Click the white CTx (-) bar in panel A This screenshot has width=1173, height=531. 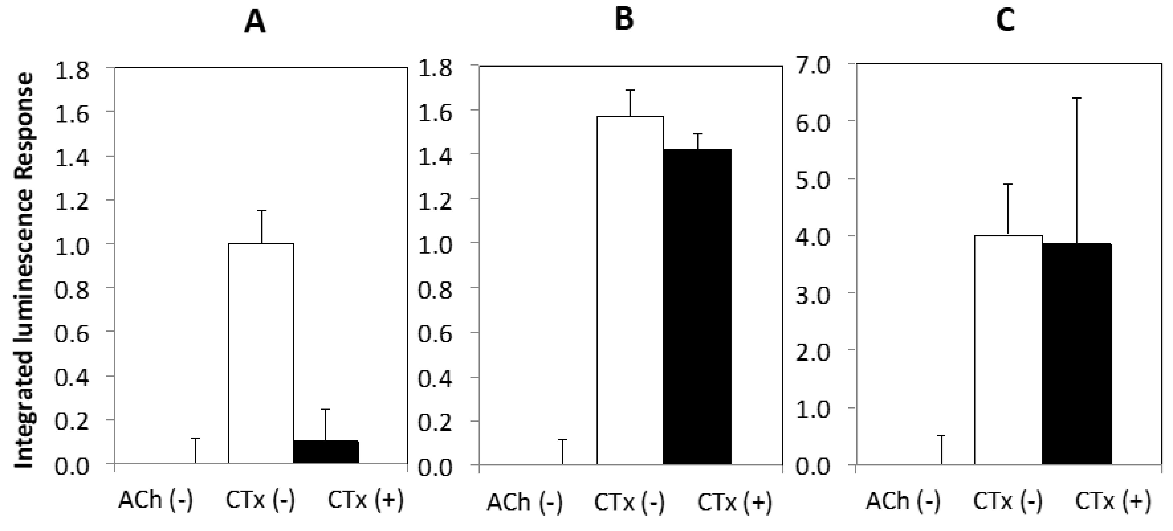click(x=261, y=353)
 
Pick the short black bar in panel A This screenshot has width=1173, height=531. click(x=326, y=452)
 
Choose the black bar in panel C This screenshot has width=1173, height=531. click(x=1077, y=354)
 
